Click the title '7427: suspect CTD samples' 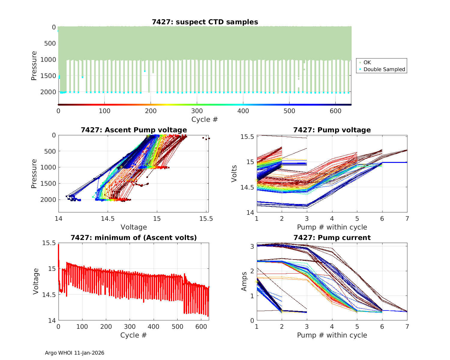pyautogui.click(x=205, y=22)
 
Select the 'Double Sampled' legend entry pyautogui.click(x=384, y=69)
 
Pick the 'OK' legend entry pyautogui.click(x=367, y=62)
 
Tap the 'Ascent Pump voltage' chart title pyautogui.click(x=133, y=130)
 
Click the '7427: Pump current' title pyautogui.click(x=332, y=238)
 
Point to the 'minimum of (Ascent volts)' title pyautogui.click(x=133, y=238)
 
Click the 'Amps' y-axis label pyautogui.click(x=244, y=281)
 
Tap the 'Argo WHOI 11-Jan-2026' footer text pyautogui.click(x=74, y=353)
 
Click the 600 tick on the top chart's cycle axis pyautogui.click(x=335, y=111)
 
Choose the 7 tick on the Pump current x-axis pyautogui.click(x=407, y=326)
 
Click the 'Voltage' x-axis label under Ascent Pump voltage pyautogui.click(x=133, y=227)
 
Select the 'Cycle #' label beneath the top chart pyautogui.click(x=205, y=119)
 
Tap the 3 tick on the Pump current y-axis pyautogui.click(x=252, y=246)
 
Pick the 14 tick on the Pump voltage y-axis pyautogui.click(x=250, y=213)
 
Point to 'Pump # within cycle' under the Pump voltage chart pyautogui.click(x=332, y=227)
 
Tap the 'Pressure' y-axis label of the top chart pyautogui.click(x=34, y=65)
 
